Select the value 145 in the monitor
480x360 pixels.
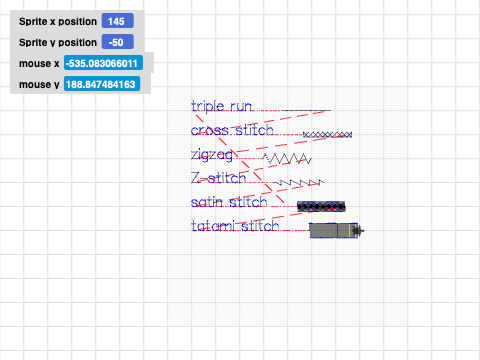click(x=118, y=21)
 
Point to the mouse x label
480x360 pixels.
click(x=39, y=63)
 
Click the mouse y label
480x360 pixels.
click(x=39, y=85)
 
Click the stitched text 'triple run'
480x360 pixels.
click(x=221, y=106)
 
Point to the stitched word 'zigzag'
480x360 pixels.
click(x=212, y=155)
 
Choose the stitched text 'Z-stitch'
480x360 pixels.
click(x=218, y=179)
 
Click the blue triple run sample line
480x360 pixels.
click(x=305, y=109)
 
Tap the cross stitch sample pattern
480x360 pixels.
click(x=327, y=133)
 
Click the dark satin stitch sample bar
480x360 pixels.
click(x=322, y=206)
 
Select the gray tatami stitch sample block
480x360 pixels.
click(x=333, y=231)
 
